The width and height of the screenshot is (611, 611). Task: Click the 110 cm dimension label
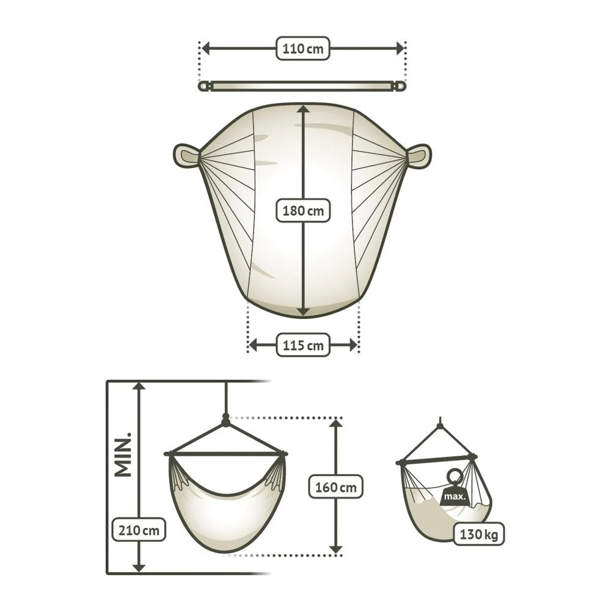click(303, 49)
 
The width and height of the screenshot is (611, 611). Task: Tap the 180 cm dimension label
click(303, 211)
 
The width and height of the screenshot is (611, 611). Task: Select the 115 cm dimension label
click(303, 345)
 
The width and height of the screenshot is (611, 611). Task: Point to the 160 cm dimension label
click(335, 487)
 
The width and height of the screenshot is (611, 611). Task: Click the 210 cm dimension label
click(139, 530)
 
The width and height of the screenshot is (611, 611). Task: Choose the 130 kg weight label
click(479, 534)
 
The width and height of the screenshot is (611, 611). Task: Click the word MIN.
click(123, 455)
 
